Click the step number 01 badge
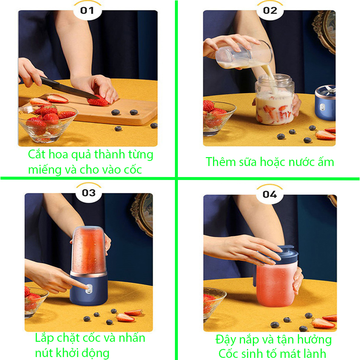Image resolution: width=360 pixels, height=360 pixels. (87, 11)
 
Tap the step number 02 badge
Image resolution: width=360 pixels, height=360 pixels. (270, 11)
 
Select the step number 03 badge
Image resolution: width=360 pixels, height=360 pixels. (89, 193)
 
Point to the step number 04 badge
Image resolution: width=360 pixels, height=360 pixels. (270, 194)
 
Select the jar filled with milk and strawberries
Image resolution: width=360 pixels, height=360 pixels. (274, 100)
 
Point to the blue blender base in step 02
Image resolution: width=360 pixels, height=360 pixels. (325, 103)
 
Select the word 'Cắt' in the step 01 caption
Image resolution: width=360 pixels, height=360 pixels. (37, 154)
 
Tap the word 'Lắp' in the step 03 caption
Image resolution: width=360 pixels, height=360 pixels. (44, 338)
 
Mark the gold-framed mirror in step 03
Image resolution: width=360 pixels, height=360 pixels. (143, 214)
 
